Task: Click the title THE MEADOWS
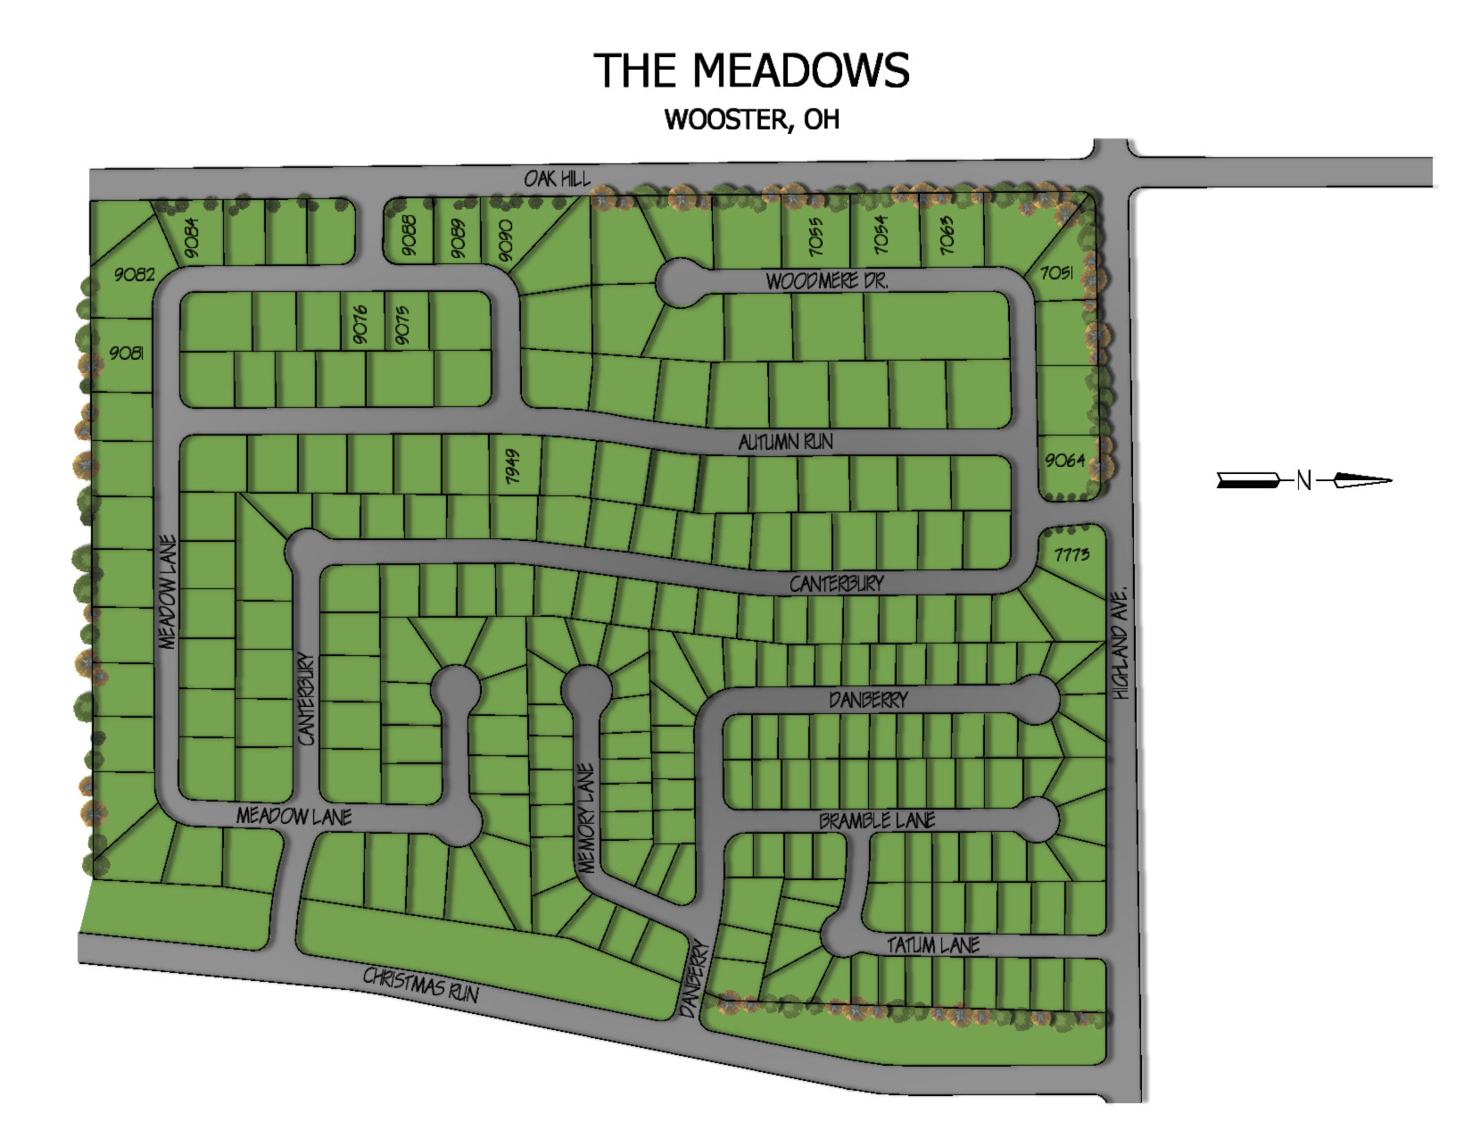pyautogui.click(x=751, y=71)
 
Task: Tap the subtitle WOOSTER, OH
pyautogui.click(x=751, y=120)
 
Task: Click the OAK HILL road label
pyautogui.click(x=557, y=179)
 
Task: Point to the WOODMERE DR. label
pyautogui.click(x=827, y=281)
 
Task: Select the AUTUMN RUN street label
pyautogui.click(x=785, y=441)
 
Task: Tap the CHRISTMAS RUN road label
pyautogui.click(x=420, y=984)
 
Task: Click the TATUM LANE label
pyautogui.click(x=933, y=944)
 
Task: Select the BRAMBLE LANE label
pyautogui.click(x=877, y=819)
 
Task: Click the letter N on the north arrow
pyautogui.click(x=1303, y=480)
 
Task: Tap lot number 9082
pyautogui.click(x=134, y=274)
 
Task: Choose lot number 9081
pyautogui.click(x=126, y=353)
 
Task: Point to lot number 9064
pyautogui.click(x=1064, y=460)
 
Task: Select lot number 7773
pyautogui.click(x=1071, y=554)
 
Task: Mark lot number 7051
pyautogui.click(x=1056, y=272)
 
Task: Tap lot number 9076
pyautogui.click(x=360, y=325)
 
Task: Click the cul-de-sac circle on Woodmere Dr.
pyautogui.click(x=680, y=282)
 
